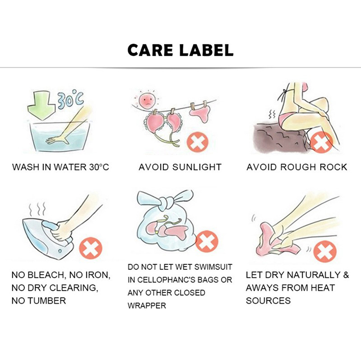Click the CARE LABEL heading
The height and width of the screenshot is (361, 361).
[180, 50]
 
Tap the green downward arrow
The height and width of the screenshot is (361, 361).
[42, 105]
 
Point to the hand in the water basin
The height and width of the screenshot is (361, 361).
[58, 140]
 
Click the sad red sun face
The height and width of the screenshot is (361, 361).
[147, 101]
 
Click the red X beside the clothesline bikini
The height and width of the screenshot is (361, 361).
[198, 142]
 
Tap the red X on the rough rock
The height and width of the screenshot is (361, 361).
[321, 143]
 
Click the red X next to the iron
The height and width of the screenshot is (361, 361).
[91, 248]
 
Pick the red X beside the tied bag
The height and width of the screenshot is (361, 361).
[207, 241]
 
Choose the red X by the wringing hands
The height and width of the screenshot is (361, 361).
[325, 251]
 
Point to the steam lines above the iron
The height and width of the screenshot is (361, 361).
[37, 208]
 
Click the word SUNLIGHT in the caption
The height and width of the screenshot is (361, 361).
[197, 167]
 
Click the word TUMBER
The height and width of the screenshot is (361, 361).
[47, 301]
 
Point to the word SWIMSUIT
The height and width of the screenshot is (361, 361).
[213, 267]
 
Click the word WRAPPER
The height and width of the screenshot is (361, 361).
[147, 306]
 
